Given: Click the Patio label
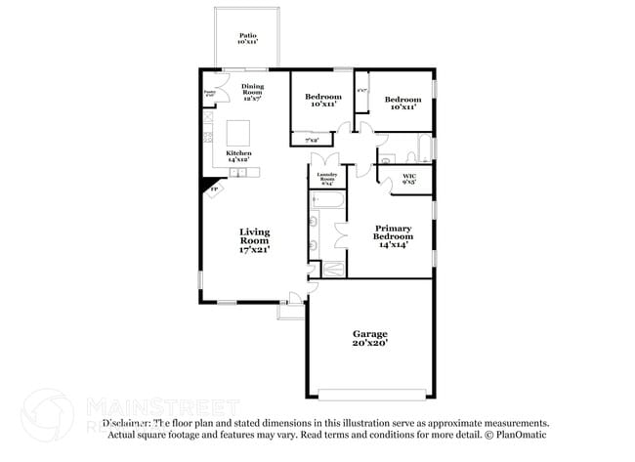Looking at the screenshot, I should (246, 39).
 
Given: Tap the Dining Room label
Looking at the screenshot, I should (253, 90).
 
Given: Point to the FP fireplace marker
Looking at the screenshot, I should (214, 189).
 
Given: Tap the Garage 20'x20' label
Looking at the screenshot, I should (369, 338).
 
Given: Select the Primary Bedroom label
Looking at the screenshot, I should (394, 234).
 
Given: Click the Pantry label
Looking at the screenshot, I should (209, 93).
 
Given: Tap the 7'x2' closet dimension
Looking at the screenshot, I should (312, 141).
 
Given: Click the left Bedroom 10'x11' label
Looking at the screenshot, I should (322, 100).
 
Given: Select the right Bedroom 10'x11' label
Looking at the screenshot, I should (402, 102).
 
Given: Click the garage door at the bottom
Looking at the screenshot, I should (369, 395).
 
